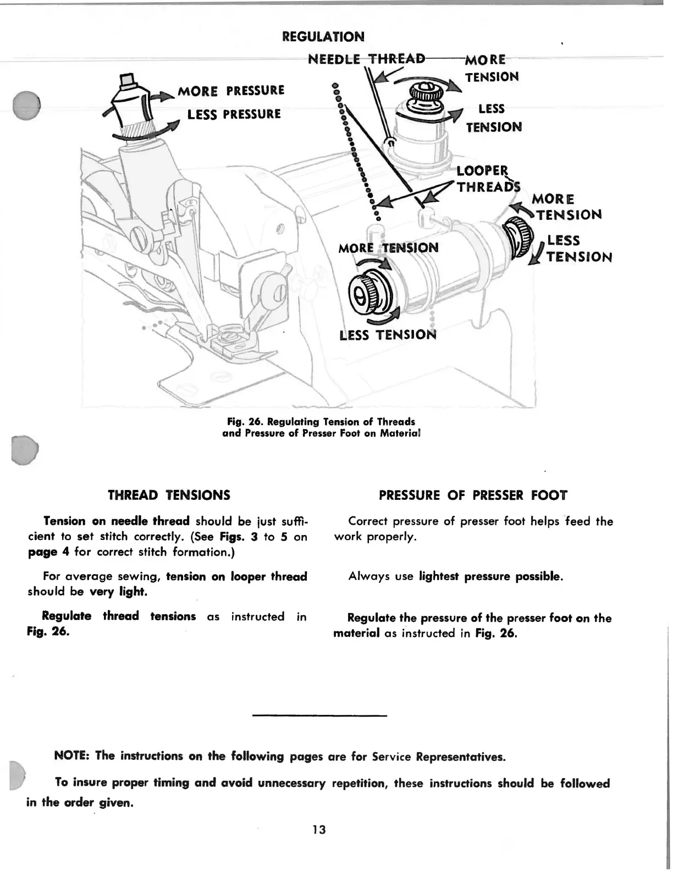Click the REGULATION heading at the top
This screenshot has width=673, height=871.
click(x=323, y=37)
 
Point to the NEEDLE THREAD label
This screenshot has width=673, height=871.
click(x=367, y=59)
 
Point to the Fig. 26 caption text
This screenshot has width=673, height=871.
click(x=321, y=427)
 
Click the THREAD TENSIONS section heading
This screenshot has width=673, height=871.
click(x=169, y=495)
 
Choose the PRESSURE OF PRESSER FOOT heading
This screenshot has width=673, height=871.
click(x=473, y=495)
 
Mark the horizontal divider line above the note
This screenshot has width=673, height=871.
click(x=319, y=715)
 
